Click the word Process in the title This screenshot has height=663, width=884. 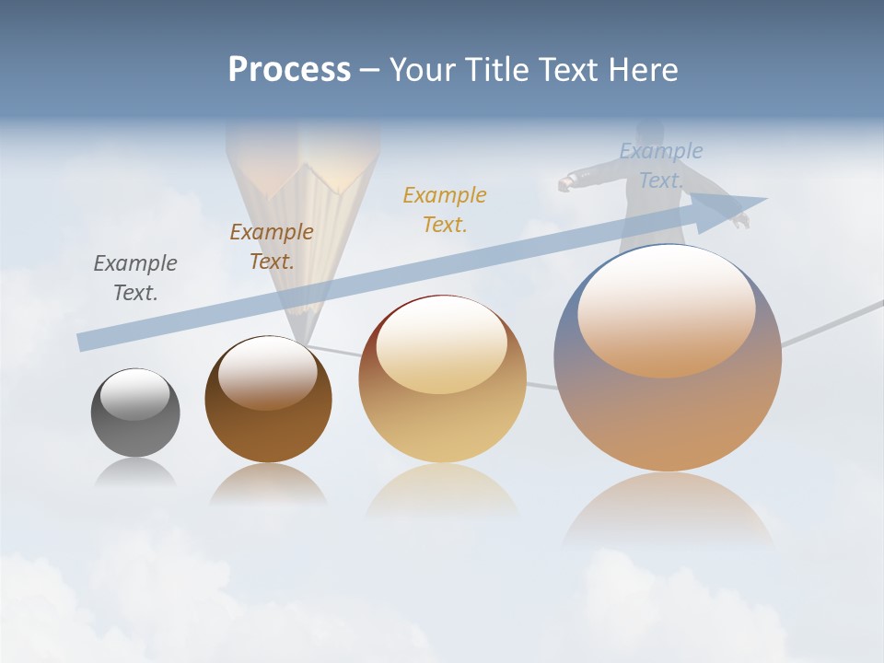289,69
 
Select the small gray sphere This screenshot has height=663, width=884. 135,428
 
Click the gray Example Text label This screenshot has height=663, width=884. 135,277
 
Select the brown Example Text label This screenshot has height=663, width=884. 272,246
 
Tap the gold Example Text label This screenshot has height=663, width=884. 445,209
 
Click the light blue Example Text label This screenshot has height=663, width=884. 661,165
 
